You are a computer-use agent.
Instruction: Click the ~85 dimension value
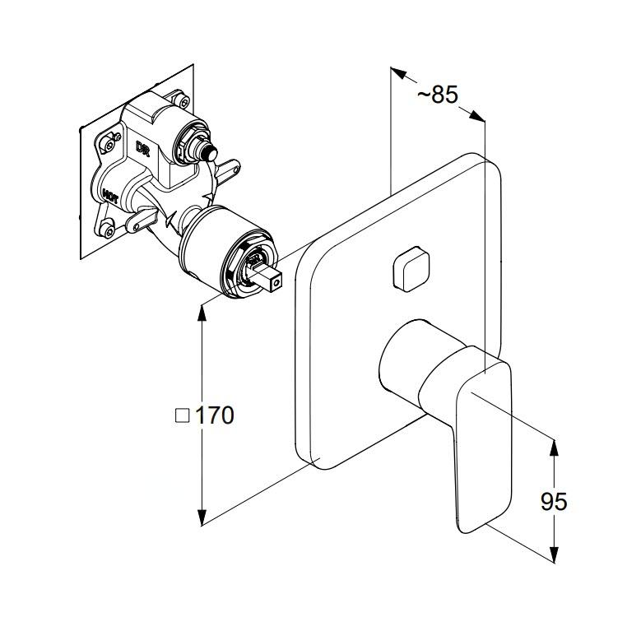click(x=437, y=95)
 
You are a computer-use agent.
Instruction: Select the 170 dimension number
click(x=215, y=415)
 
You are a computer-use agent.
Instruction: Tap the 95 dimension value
click(x=554, y=501)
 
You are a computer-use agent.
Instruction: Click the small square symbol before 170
click(x=183, y=416)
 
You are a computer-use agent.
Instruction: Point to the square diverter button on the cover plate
click(x=411, y=268)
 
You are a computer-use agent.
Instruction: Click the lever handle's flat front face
click(x=481, y=444)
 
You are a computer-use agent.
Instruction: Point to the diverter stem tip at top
click(x=209, y=151)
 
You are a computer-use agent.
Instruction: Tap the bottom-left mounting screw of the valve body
click(x=108, y=230)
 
